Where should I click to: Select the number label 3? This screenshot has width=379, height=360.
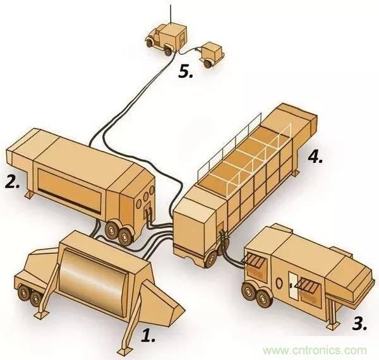pyautogui.click(x=359, y=325)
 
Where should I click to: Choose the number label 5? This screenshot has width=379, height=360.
pyautogui.click(x=185, y=71)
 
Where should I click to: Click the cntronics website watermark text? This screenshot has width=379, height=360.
pyautogui.click(x=315, y=350)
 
